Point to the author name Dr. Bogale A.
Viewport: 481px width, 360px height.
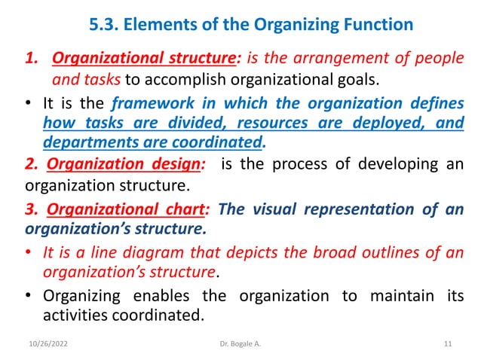coord(240,344)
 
